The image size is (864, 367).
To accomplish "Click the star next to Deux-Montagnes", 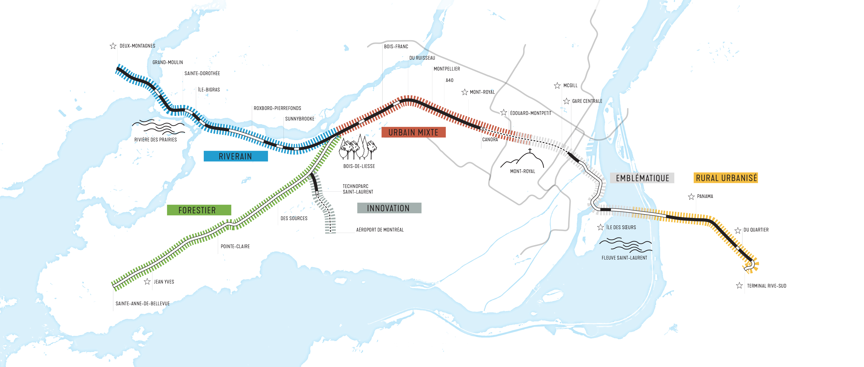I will coord(113,46).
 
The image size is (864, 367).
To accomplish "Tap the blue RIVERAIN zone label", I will coord(235,156).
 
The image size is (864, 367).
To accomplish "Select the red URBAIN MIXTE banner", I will coord(413,132).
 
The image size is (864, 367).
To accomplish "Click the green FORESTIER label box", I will coord(199,210).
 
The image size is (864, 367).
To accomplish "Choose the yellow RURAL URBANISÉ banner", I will coord(726,178).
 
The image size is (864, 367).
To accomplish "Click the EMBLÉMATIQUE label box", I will coord(642,178).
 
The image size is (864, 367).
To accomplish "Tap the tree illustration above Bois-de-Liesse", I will coord(358,148).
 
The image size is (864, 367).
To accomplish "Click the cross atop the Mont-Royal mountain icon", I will coord(530,150).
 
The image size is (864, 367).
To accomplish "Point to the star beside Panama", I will coord(691,197).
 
